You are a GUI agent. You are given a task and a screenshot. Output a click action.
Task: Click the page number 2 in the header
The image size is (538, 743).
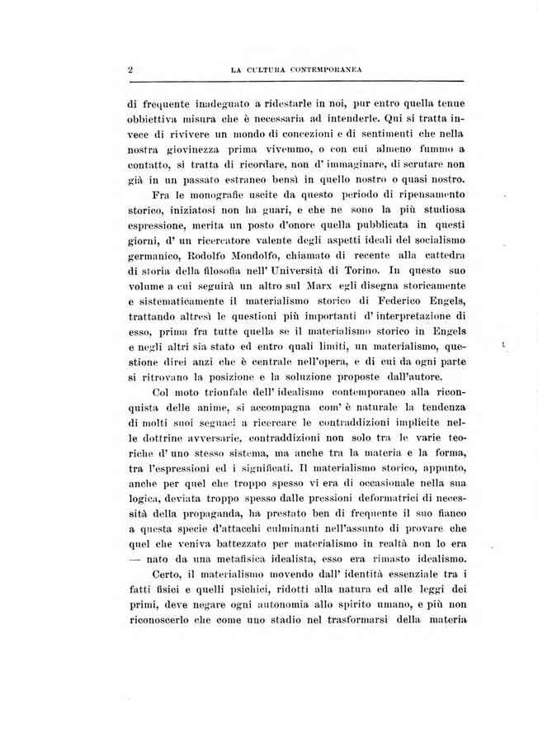click(130, 69)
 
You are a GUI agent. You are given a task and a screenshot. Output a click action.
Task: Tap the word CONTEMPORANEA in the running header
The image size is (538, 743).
click(317, 70)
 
